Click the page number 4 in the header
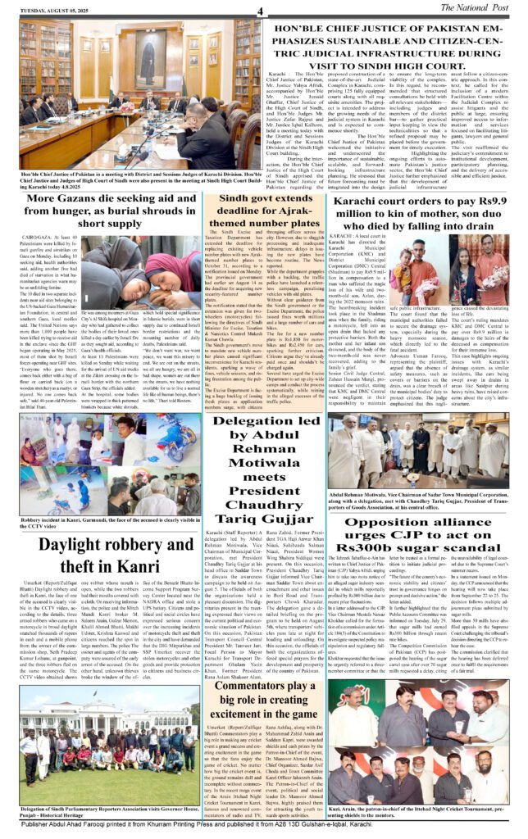[258, 11]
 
